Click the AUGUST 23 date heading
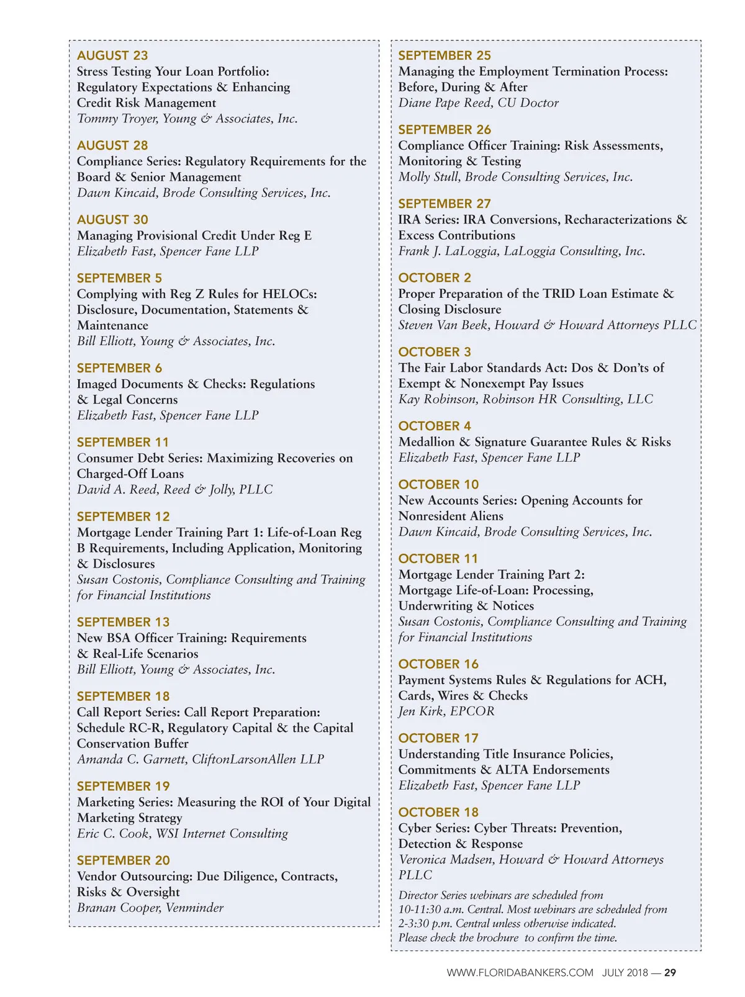pos(112,55)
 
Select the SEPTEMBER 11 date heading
pos(123,442)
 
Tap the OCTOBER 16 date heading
pos(438,664)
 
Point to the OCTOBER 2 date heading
pos(435,277)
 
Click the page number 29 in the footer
pos(670,973)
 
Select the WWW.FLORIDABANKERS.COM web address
pos(520,973)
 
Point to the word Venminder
pos(194,908)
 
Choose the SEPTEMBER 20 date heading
pos(123,860)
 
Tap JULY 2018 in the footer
pos(625,973)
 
